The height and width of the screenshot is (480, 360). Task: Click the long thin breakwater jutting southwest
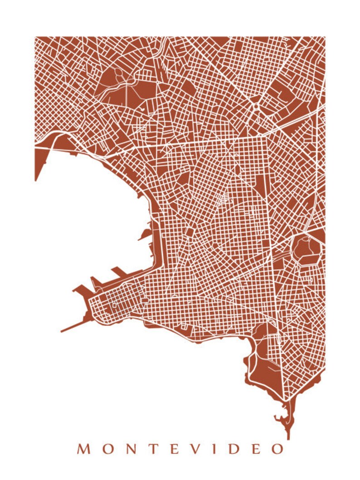click(x=73, y=327)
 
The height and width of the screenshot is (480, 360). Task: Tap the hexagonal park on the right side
click(x=307, y=249)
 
